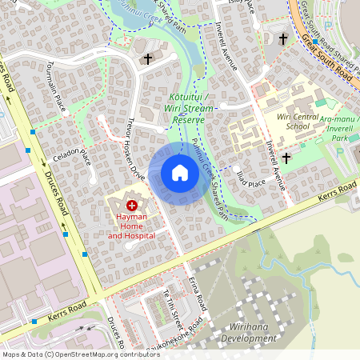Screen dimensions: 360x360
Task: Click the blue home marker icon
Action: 179,174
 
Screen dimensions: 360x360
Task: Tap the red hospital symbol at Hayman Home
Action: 131,206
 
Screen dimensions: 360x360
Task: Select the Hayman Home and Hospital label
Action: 131,226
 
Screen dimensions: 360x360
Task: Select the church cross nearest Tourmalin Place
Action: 147,58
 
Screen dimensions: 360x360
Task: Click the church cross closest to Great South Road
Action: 282,38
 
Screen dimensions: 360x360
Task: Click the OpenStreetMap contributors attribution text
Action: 80,354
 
